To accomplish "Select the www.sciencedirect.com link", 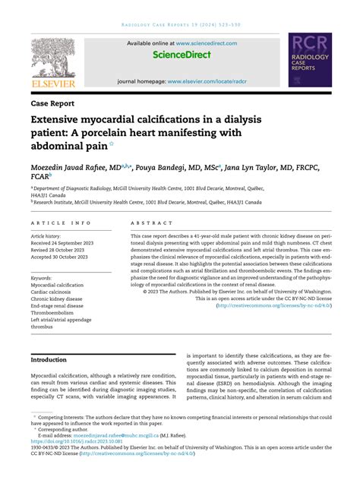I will click(x=208, y=43).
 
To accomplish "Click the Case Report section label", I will click(x=52, y=102).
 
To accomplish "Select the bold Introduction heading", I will click(x=49, y=359).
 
